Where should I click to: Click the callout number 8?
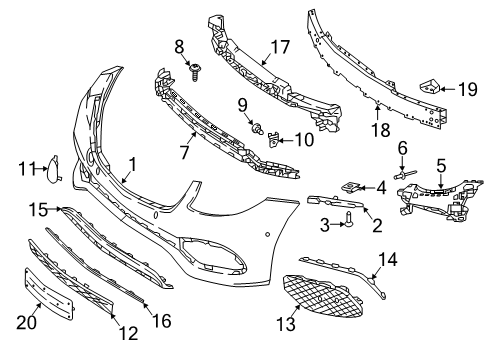[x=179, y=47]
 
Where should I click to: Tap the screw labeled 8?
[x=194, y=72]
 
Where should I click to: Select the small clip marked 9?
[x=257, y=127]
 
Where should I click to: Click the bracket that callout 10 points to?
[x=273, y=140]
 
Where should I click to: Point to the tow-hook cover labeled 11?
[x=53, y=169]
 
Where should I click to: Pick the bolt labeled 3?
[x=349, y=221]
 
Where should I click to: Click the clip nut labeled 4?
[x=350, y=187]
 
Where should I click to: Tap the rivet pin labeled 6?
[x=404, y=174]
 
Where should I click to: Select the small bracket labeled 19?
[x=429, y=86]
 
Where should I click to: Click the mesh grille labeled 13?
[x=321, y=296]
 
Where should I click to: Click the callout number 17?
[x=280, y=47]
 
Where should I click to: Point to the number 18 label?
[x=380, y=130]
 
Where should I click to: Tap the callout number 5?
[x=441, y=166]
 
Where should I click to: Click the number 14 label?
[x=388, y=260]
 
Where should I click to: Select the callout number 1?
[x=133, y=165]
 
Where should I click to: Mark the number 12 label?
[x=128, y=333]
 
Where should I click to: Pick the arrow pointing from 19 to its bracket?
[x=447, y=89]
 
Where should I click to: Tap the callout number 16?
[x=162, y=321]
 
